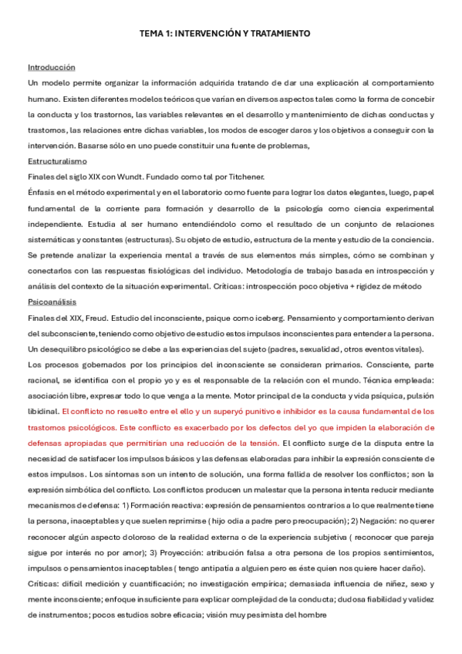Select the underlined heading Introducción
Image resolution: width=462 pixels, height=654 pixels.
pyautogui.click(x=52, y=68)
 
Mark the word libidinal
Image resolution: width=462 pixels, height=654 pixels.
pyautogui.click(x=44, y=412)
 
